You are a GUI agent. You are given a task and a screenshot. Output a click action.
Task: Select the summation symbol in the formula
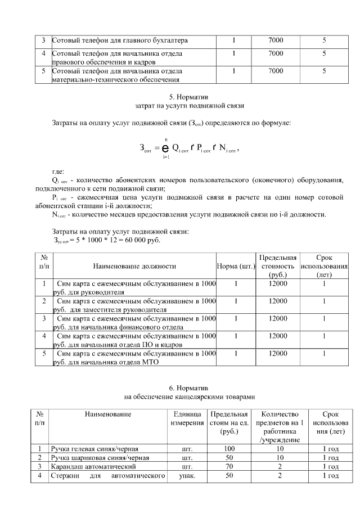tap(165, 148)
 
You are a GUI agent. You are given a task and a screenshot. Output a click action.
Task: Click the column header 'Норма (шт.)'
tap(236, 266)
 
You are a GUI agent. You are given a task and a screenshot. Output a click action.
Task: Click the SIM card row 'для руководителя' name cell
tap(134, 288)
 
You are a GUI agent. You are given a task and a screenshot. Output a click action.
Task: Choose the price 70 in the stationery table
tap(229, 467)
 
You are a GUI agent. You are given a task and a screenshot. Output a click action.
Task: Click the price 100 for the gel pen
tap(229, 449)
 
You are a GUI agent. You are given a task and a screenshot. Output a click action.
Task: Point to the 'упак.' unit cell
tap(187, 476)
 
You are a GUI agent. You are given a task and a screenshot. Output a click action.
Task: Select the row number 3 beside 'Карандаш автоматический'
tap(39, 467)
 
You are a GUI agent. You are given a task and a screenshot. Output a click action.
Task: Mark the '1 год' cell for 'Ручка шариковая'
tap(330, 458)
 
